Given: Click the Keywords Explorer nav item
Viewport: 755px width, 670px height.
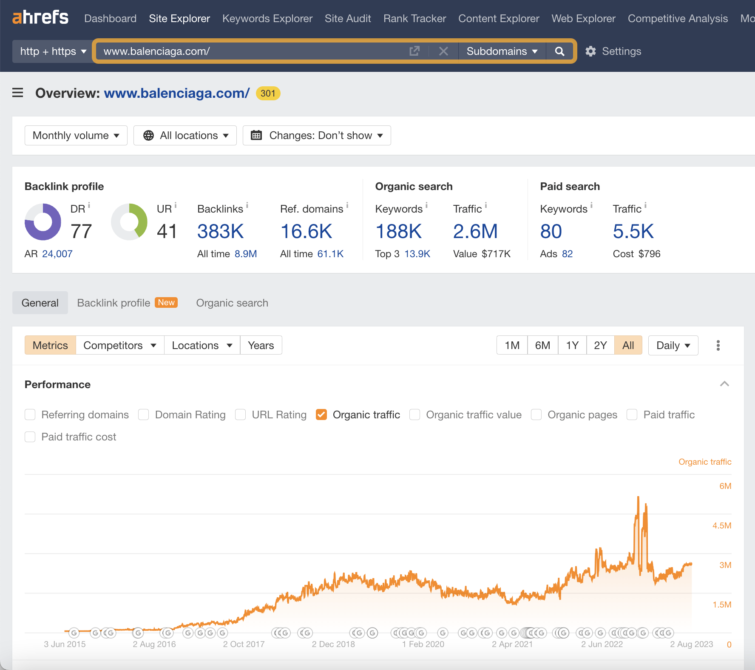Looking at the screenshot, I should coord(267,19).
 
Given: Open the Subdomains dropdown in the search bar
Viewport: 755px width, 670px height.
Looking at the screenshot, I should coord(502,51).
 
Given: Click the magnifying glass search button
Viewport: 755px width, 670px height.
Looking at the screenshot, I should coord(560,51).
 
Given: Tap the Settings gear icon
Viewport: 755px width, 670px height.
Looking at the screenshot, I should coord(590,51).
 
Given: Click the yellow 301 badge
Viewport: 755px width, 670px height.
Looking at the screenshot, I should coord(268,94).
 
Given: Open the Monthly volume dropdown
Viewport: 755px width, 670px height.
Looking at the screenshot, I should coord(76,136).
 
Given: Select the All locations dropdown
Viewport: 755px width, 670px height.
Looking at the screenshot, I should coord(185,136).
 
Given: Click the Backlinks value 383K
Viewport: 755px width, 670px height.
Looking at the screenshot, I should coord(220,232).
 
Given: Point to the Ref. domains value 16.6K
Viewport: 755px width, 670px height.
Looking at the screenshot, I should coord(306,232).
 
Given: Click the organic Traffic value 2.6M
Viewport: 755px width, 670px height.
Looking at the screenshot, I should coord(475,232).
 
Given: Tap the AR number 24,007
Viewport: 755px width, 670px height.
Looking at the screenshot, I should coord(57,254).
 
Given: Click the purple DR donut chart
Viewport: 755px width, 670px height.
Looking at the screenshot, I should coord(43,221).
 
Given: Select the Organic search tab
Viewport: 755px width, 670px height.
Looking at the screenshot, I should coord(232,303).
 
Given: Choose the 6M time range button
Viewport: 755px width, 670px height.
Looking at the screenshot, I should coord(542,346).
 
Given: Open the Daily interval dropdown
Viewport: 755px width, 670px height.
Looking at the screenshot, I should coord(673,346).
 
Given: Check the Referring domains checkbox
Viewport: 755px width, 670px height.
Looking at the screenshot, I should coord(30,415).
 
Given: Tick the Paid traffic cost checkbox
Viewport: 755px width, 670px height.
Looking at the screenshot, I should coord(30,437).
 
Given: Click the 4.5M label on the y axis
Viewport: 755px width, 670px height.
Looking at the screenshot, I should coord(721,526).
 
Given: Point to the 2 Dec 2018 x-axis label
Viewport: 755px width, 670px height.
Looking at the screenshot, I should coord(333,644).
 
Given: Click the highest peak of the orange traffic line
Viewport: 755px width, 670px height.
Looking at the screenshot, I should coord(638,497).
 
